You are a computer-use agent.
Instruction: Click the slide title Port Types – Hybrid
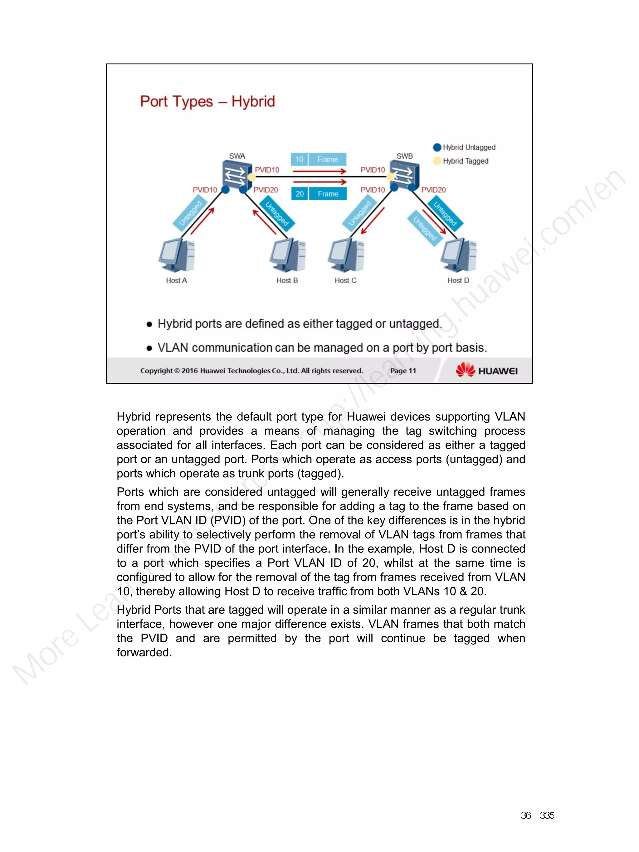(207, 102)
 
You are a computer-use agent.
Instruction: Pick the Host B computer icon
(288, 255)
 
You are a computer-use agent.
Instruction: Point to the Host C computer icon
(346, 255)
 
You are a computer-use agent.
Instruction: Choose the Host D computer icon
(458, 255)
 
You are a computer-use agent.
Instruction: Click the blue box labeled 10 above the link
(299, 159)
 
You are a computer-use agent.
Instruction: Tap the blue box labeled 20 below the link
(299, 194)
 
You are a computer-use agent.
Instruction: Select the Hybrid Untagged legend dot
(437, 147)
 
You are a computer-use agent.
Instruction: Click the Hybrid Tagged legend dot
(437, 161)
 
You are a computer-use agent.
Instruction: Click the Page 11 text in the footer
(403, 371)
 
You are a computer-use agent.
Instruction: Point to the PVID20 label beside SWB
(433, 190)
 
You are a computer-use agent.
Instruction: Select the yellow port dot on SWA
(251, 177)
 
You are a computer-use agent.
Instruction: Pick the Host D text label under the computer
(458, 280)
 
